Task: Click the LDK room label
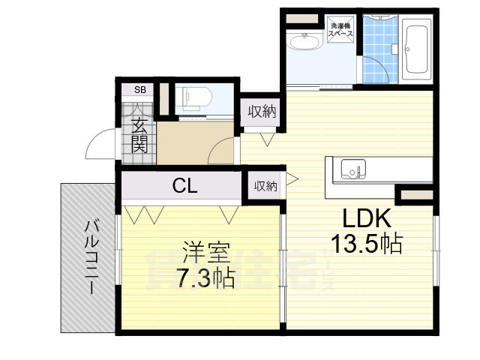(x=367, y=218)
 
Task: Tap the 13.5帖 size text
(x=367, y=244)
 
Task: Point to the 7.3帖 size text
(x=205, y=278)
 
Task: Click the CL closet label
(x=184, y=185)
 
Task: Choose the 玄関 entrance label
(x=139, y=135)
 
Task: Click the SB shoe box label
(x=139, y=90)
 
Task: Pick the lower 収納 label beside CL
(x=265, y=185)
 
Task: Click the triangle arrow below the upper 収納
(x=265, y=138)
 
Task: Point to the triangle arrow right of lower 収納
(x=292, y=178)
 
